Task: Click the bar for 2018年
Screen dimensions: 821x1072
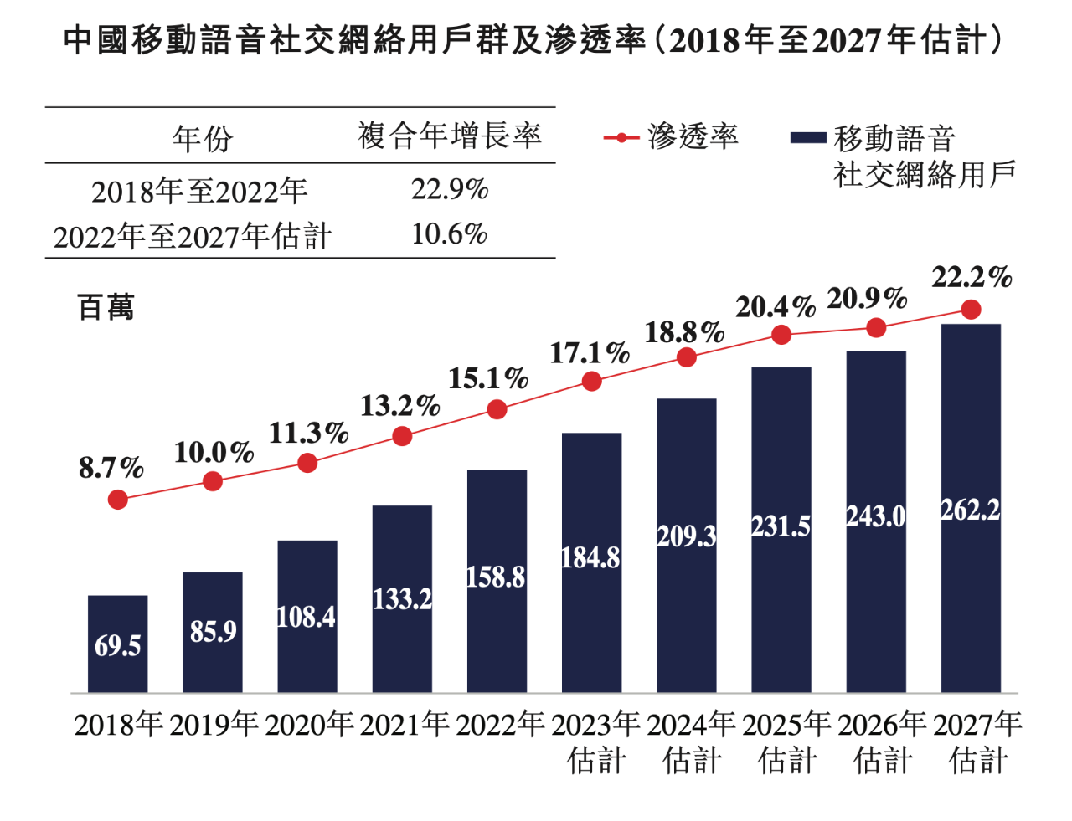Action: [x=117, y=644]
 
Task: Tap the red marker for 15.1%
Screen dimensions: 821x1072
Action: [x=497, y=409]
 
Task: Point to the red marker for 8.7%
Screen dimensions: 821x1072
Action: [x=118, y=500]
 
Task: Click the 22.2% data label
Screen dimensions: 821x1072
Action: [x=971, y=277]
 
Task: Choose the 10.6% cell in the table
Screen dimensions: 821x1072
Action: [x=449, y=234]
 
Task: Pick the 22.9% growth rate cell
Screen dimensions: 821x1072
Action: [x=449, y=190]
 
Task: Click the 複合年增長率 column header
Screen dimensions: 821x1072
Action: [x=450, y=136]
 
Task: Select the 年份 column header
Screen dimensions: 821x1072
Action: [x=203, y=138]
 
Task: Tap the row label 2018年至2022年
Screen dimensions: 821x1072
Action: [x=199, y=192]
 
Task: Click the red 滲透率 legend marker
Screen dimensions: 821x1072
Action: [x=621, y=137]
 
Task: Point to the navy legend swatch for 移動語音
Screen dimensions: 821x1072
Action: [x=808, y=138]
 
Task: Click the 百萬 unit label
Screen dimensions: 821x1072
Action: [x=106, y=307]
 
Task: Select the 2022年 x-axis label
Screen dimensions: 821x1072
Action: [x=499, y=725]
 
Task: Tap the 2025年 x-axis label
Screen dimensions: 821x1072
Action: [x=786, y=725]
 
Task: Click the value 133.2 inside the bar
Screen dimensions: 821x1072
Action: [x=402, y=599]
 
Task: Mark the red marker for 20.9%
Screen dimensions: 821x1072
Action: [x=876, y=328]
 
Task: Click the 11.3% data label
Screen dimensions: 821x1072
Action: [x=308, y=434]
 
